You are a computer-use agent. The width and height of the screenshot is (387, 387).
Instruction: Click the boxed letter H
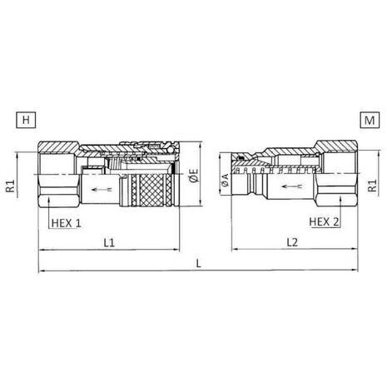pyautogui.click(x=26, y=120)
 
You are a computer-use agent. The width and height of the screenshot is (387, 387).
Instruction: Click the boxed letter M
pyautogui.click(x=370, y=120)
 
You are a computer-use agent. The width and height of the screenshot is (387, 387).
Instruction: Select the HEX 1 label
pyautogui.click(x=67, y=223)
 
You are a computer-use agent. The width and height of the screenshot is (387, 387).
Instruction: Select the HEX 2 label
pyautogui.click(x=324, y=222)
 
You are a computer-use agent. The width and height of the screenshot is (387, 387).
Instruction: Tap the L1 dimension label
pyautogui.click(x=109, y=243)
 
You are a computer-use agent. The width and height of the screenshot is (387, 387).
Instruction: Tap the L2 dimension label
pyautogui.click(x=292, y=242)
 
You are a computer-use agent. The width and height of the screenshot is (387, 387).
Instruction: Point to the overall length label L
pyautogui.click(x=198, y=263)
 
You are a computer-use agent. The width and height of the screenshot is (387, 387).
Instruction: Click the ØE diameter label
pyautogui.click(x=195, y=176)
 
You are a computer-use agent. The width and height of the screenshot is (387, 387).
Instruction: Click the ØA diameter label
pyautogui.click(x=225, y=180)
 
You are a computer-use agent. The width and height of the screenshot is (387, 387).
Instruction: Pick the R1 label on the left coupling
pyautogui.click(x=10, y=186)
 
